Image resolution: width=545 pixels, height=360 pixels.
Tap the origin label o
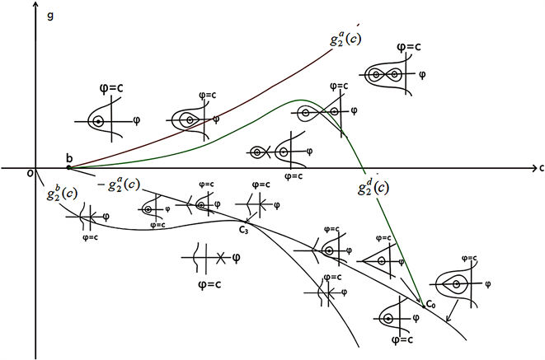point(30,174)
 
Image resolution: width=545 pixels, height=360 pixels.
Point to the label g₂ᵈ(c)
point(373,188)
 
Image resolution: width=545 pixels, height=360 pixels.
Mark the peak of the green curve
point(298,101)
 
